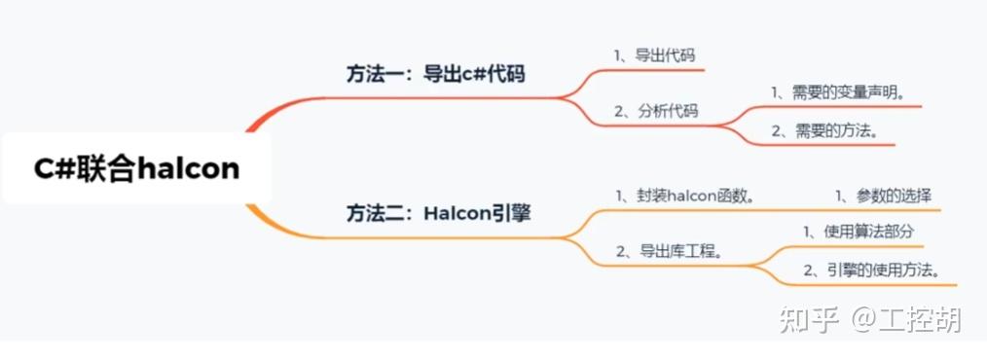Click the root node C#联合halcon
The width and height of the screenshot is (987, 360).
click(136, 168)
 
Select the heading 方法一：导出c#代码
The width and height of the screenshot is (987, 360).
click(435, 74)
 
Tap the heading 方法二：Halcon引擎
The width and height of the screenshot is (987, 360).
click(438, 213)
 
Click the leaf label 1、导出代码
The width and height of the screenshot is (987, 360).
click(654, 55)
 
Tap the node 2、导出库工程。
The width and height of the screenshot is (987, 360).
click(670, 251)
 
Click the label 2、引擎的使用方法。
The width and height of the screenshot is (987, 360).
click(871, 270)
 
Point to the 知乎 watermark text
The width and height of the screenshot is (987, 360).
click(804, 320)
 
